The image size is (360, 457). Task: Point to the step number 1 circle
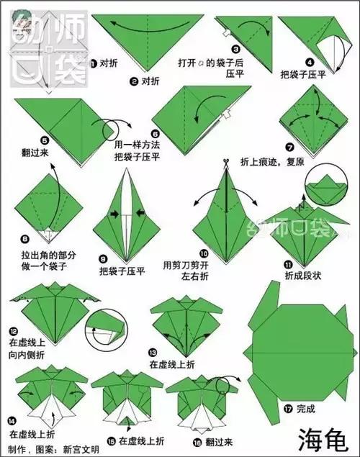coord(92,63)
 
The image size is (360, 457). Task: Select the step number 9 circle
coord(103,258)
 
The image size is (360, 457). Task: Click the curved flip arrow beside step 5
coord(113,130)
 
